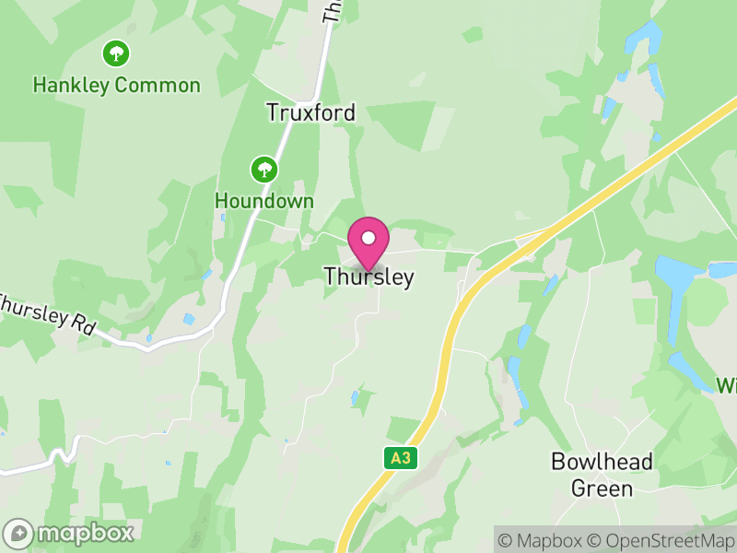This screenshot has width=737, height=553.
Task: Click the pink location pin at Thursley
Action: point(368,241)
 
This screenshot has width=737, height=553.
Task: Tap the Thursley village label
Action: point(368,276)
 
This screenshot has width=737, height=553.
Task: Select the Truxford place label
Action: point(310,112)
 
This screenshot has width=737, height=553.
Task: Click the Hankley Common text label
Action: point(116,86)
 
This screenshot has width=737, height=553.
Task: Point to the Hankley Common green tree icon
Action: point(116,53)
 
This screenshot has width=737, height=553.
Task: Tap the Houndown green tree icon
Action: point(264,169)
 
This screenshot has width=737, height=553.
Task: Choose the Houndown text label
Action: point(264,201)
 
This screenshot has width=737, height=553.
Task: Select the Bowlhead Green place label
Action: point(602,475)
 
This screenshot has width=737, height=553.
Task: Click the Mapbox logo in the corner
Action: point(70,533)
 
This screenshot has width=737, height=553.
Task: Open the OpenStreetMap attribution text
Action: point(661,540)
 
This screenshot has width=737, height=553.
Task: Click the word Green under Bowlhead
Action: point(602,488)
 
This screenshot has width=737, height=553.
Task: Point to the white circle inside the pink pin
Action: point(368,238)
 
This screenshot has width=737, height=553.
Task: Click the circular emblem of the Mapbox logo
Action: point(18,533)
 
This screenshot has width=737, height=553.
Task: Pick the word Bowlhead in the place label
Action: point(602,461)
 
